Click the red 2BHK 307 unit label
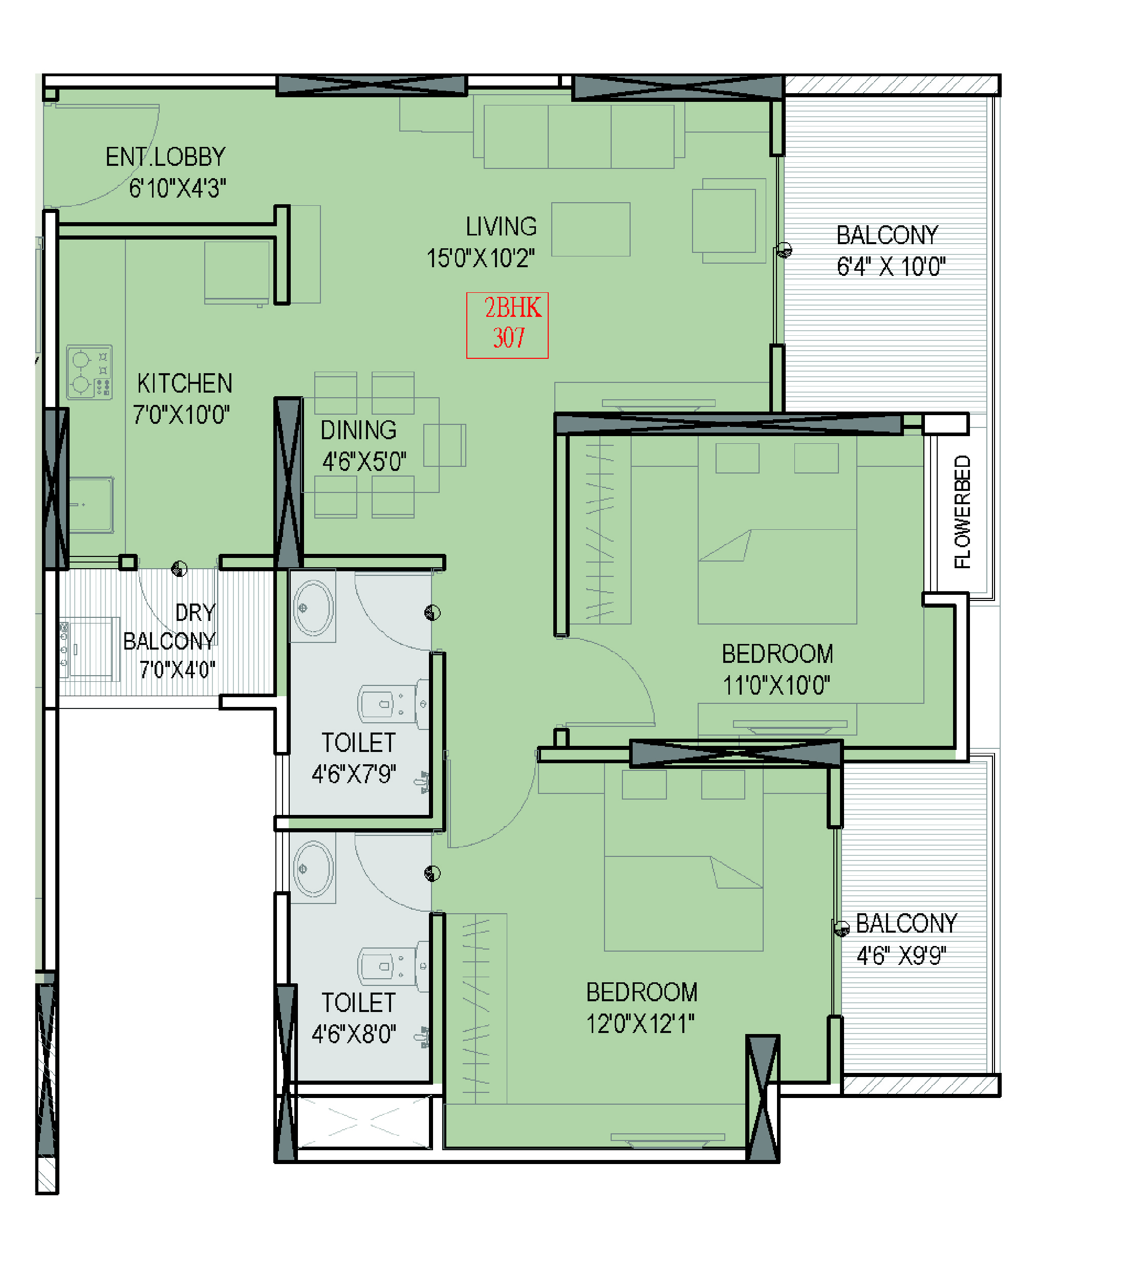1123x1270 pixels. click(x=507, y=325)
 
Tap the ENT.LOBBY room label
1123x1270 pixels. click(x=165, y=157)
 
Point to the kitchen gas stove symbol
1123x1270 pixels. click(x=89, y=372)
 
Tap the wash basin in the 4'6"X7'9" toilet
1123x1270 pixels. click(x=313, y=608)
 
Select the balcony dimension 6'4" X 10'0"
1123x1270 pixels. click(x=891, y=267)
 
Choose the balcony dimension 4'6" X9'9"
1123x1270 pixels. click(x=901, y=956)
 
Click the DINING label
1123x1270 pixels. click(x=358, y=430)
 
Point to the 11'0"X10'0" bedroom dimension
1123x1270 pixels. click(x=776, y=686)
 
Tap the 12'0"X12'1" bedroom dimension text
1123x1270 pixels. click(x=640, y=1023)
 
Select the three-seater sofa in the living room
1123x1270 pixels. click(x=579, y=137)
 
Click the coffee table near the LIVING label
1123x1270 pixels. click(x=590, y=229)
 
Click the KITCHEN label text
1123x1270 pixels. click(x=184, y=384)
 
